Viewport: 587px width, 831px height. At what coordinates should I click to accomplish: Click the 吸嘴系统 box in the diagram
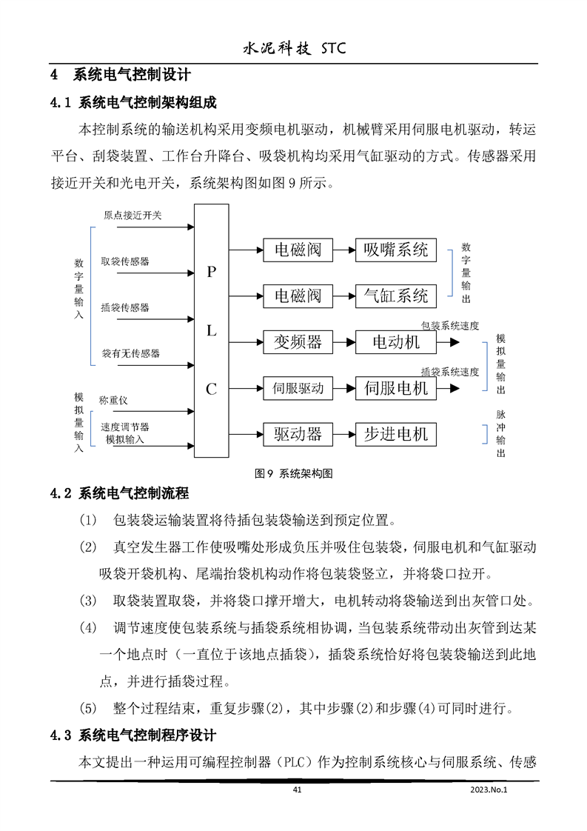[396, 250]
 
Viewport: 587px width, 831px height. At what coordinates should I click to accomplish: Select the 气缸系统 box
[396, 296]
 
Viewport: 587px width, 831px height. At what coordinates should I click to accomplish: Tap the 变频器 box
[298, 342]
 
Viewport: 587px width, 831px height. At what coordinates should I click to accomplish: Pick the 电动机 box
[396, 342]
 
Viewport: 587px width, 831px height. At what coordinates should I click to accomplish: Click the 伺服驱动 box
[298, 388]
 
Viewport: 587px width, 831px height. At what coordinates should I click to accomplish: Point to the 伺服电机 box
[396, 388]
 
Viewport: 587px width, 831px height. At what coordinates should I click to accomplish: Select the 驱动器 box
[298, 434]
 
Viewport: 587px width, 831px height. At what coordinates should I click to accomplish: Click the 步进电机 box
[396, 434]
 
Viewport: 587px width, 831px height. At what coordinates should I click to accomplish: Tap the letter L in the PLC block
[211, 331]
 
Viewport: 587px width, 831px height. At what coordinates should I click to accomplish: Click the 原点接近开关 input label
[133, 216]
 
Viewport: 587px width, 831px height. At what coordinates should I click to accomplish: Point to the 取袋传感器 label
[125, 261]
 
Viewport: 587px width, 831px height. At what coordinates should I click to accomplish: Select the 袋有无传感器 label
[130, 353]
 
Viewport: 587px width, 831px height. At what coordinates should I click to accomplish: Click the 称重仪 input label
[113, 401]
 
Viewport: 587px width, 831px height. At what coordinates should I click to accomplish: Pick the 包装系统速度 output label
[449, 326]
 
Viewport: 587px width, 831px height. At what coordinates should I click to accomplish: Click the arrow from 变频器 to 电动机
[343, 342]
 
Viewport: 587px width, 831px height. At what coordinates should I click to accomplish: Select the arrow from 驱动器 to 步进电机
[343, 434]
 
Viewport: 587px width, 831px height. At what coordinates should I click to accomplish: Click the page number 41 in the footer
[298, 790]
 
